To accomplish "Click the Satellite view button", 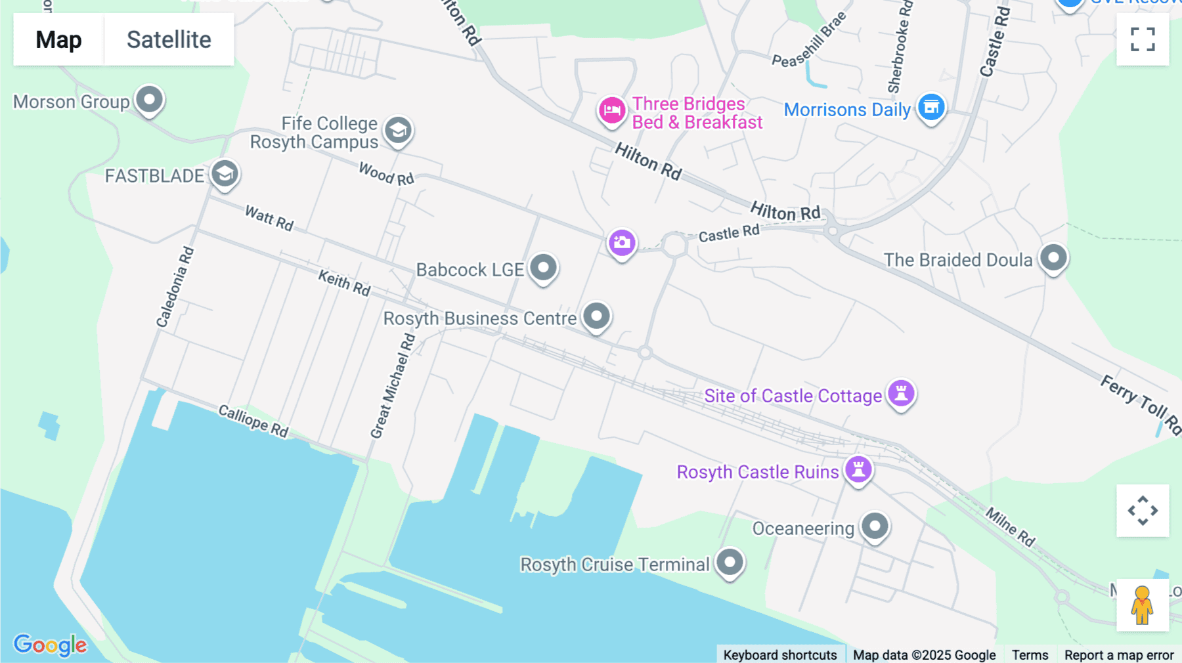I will pos(169,39).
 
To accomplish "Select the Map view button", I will pos(58,39).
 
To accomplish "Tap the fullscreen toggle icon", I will pos(1143,39).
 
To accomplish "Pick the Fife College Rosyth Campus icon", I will pos(398,131).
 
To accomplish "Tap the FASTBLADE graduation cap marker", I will pos(225,175).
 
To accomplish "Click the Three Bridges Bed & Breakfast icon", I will pos(611,110).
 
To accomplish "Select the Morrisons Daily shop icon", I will pos(931,106).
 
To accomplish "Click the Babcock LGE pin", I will pos(543,268).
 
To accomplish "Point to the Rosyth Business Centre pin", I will pos(596,316).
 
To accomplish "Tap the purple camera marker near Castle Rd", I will pos(621,243).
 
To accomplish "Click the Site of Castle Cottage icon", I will pos(901,394).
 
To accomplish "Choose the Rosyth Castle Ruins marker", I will pos(858,470).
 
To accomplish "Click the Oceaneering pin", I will pos(875,526).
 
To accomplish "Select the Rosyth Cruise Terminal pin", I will pos(730,562).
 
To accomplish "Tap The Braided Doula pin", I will pos(1053,258).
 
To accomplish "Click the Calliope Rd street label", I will pos(253,421).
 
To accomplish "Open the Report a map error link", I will pos(1118,654).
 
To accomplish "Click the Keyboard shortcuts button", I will pos(779,654).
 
